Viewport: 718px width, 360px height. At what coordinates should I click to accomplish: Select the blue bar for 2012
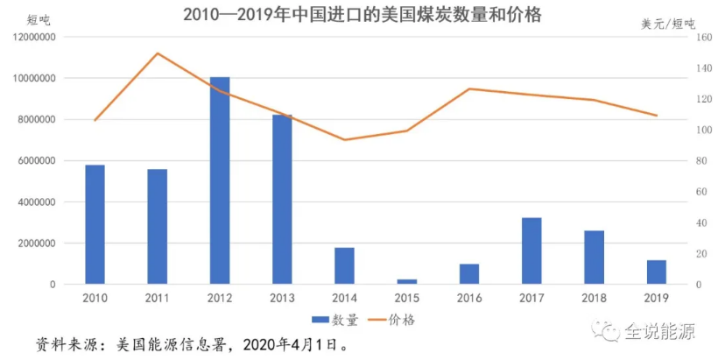click(x=220, y=180)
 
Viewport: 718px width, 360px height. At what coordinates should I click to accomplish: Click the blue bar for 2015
click(x=407, y=282)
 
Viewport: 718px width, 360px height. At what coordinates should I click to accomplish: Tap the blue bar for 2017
click(x=531, y=251)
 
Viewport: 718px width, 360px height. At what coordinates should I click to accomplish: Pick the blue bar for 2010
click(x=95, y=224)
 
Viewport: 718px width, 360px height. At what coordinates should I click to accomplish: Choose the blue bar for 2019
click(x=657, y=272)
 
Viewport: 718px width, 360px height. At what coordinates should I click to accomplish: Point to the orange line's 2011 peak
click(x=158, y=53)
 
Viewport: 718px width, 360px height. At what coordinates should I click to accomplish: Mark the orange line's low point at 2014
click(x=345, y=139)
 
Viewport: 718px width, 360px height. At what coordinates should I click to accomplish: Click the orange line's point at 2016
click(x=469, y=88)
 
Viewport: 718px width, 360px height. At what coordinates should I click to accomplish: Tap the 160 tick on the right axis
click(x=704, y=37)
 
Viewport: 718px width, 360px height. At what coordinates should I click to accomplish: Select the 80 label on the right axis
click(x=701, y=161)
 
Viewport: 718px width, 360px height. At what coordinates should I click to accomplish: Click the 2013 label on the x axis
click(x=282, y=298)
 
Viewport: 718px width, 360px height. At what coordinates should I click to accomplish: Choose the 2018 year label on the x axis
click(x=594, y=298)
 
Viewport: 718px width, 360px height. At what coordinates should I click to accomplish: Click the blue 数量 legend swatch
click(x=320, y=320)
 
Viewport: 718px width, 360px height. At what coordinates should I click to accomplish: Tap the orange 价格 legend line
click(x=377, y=320)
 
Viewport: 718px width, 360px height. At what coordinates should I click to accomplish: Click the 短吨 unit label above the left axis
click(x=39, y=20)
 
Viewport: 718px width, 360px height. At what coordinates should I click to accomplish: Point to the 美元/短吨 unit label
click(x=668, y=24)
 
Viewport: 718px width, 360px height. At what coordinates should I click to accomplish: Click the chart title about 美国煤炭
click(x=363, y=14)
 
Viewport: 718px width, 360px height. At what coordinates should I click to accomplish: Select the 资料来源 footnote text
click(x=193, y=344)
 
